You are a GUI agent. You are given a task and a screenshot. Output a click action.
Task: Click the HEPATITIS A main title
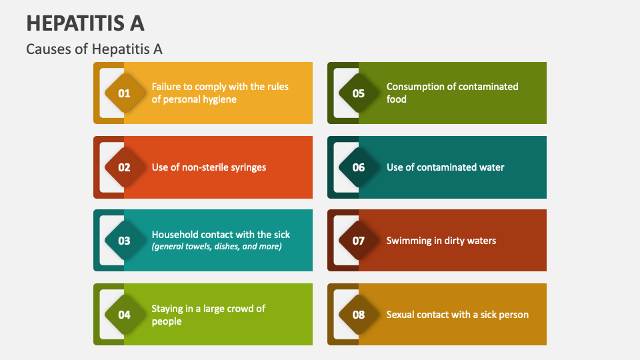tap(85, 23)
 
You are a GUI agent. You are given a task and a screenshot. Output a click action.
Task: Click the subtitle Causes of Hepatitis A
tap(94, 49)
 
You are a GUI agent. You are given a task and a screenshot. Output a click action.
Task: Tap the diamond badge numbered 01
tap(125, 93)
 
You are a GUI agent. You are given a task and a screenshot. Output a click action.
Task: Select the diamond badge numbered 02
tap(125, 167)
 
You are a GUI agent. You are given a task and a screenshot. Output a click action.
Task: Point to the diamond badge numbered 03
tap(125, 241)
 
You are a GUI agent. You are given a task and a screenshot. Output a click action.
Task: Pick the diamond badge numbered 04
tap(125, 315)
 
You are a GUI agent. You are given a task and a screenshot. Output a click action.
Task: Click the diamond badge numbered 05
tap(359, 93)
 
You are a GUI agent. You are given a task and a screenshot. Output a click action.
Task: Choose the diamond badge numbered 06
tap(359, 167)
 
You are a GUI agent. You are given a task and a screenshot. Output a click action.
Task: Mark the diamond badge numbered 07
tap(359, 241)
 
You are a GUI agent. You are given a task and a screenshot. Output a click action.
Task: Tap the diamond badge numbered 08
tap(359, 315)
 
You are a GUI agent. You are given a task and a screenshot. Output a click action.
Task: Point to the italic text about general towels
tap(217, 247)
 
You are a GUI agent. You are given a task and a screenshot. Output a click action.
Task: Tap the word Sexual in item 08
tap(401, 315)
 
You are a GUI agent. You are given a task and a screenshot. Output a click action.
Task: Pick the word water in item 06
tap(490, 167)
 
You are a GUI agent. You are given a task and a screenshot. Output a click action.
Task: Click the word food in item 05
tap(397, 99)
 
